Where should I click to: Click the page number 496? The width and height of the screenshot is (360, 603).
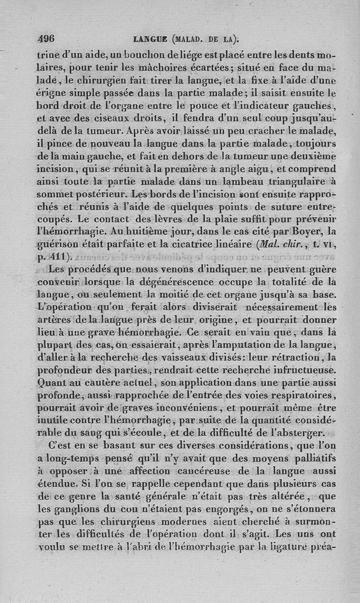pyautogui.click(x=46, y=39)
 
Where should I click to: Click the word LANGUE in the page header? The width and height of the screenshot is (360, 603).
pyautogui.click(x=148, y=39)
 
